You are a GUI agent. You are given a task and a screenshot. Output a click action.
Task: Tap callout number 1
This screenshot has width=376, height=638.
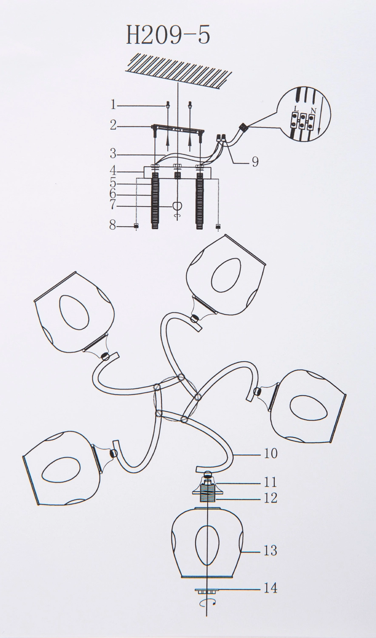pyautogui.click(x=113, y=105)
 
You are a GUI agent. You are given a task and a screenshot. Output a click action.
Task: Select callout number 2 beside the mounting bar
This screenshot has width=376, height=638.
pyautogui.click(x=114, y=125)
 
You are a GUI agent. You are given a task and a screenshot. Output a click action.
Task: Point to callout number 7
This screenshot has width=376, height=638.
pyautogui.click(x=113, y=205)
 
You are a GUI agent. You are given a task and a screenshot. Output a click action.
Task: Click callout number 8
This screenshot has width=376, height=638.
pyautogui.click(x=113, y=226)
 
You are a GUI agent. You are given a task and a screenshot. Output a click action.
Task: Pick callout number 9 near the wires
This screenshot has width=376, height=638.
pyautogui.click(x=255, y=162)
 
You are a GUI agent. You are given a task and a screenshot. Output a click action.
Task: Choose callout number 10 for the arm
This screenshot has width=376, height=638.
pyautogui.click(x=271, y=453)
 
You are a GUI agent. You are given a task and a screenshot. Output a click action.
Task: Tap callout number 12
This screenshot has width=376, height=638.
pyautogui.click(x=271, y=498)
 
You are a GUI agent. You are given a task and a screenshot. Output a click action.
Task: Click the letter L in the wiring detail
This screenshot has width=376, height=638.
pyautogui.click(x=296, y=109)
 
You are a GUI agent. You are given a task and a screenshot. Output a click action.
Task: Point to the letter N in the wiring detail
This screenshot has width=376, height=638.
pyautogui.click(x=313, y=109)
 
